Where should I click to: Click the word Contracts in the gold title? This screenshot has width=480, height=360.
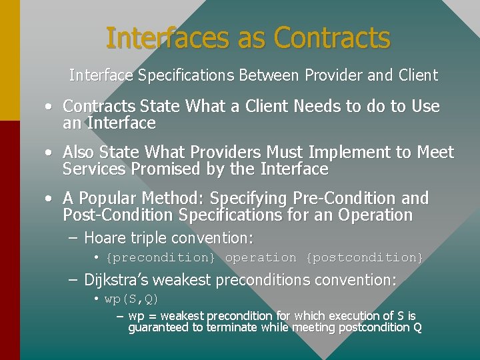332,38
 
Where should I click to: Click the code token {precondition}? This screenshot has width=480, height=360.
161,257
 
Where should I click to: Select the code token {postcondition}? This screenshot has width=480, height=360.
364,257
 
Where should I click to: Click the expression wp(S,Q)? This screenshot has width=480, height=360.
131,299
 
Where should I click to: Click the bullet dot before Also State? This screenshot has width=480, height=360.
50,153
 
